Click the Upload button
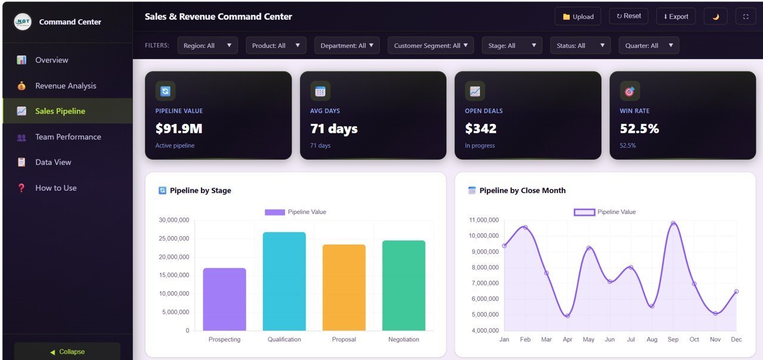(x=578, y=17)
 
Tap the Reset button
(x=628, y=16)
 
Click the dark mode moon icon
(x=715, y=17)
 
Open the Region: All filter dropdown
(x=207, y=45)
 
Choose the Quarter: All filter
(x=649, y=45)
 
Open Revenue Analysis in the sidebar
(x=66, y=86)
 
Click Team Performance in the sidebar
(x=68, y=136)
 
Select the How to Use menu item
(x=56, y=188)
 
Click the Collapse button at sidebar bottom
(x=67, y=352)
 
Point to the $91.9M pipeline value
(x=179, y=128)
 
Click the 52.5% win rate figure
(x=639, y=128)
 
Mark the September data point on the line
(x=673, y=224)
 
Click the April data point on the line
(x=567, y=315)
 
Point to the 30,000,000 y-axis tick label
(x=174, y=220)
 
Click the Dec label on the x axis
(x=736, y=339)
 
